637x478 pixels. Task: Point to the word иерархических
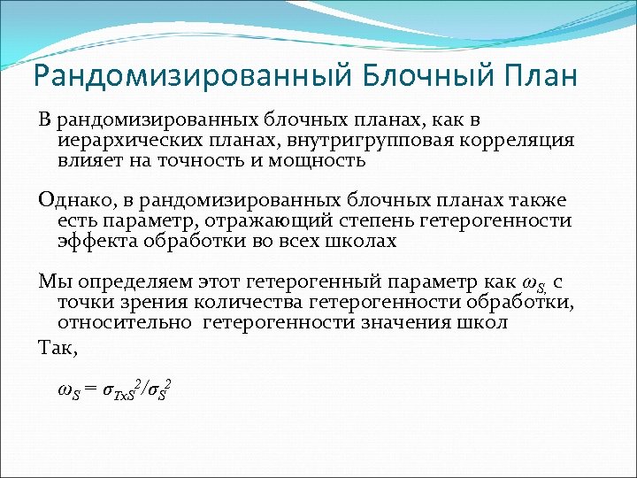point(127,141)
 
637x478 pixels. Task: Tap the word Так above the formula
point(58,348)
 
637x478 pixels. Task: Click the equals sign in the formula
point(88,391)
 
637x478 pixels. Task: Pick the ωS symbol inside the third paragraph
point(534,283)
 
